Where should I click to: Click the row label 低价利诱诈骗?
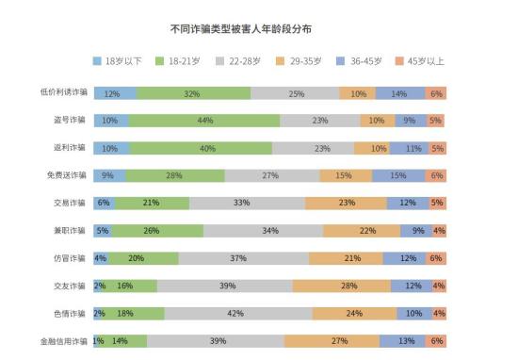[x=62, y=93]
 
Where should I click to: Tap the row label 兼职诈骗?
[x=70, y=231]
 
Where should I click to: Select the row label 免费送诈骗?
[x=66, y=176]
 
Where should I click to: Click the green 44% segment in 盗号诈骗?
[x=203, y=121]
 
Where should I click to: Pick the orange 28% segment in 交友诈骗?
[x=349, y=286]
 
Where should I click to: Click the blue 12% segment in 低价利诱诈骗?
[x=114, y=93]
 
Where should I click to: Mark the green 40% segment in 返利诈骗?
[x=200, y=148]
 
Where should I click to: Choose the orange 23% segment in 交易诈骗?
[x=347, y=204]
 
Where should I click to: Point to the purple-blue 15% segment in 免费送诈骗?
[x=398, y=176]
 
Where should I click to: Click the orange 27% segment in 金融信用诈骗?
[x=332, y=341]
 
